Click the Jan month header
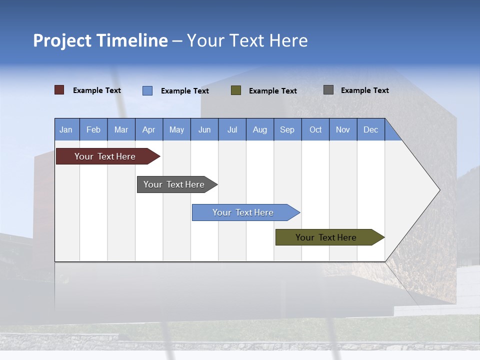(66, 129)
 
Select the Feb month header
(93, 129)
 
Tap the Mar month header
(121, 129)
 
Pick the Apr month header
(149, 129)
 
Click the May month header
(176, 129)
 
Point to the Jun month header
(204, 129)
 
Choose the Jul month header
(232, 129)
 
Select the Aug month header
(260, 129)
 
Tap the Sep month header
(287, 129)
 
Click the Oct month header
(315, 129)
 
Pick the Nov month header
(343, 129)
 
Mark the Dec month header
(371, 129)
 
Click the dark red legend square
(59, 90)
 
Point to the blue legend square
(147, 90)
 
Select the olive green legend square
(236, 90)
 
